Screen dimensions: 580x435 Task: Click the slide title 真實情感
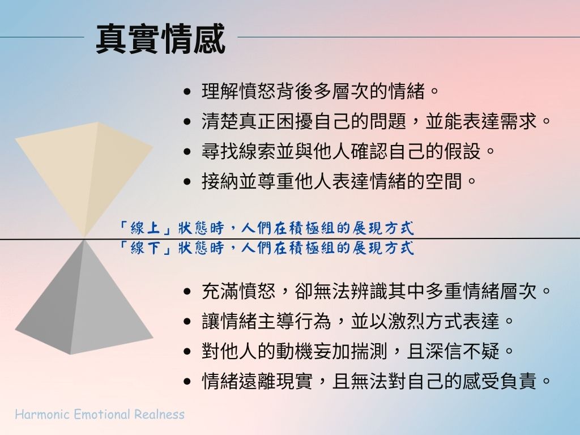[x=160, y=39]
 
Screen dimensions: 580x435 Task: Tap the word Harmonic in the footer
[x=42, y=414]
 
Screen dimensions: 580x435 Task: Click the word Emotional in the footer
[x=102, y=414]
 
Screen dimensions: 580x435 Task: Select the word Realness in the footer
[x=159, y=414]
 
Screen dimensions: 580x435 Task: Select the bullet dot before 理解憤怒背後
[x=187, y=91]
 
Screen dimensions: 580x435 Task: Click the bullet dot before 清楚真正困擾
[x=187, y=121]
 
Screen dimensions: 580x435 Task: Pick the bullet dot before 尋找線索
[x=187, y=152]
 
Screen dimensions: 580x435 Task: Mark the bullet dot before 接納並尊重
[x=187, y=182]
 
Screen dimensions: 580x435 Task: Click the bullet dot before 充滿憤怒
[x=187, y=292]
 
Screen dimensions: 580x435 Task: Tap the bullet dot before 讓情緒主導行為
[x=187, y=322]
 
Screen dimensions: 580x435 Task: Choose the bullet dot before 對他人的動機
[x=187, y=351]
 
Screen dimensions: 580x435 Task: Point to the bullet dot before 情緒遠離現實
[x=187, y=381]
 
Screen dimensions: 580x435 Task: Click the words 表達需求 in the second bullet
[x=500, y=121]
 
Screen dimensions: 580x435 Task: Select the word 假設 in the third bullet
[x=462, y=151]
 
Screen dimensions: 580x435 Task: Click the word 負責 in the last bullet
[x=518, y=381]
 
